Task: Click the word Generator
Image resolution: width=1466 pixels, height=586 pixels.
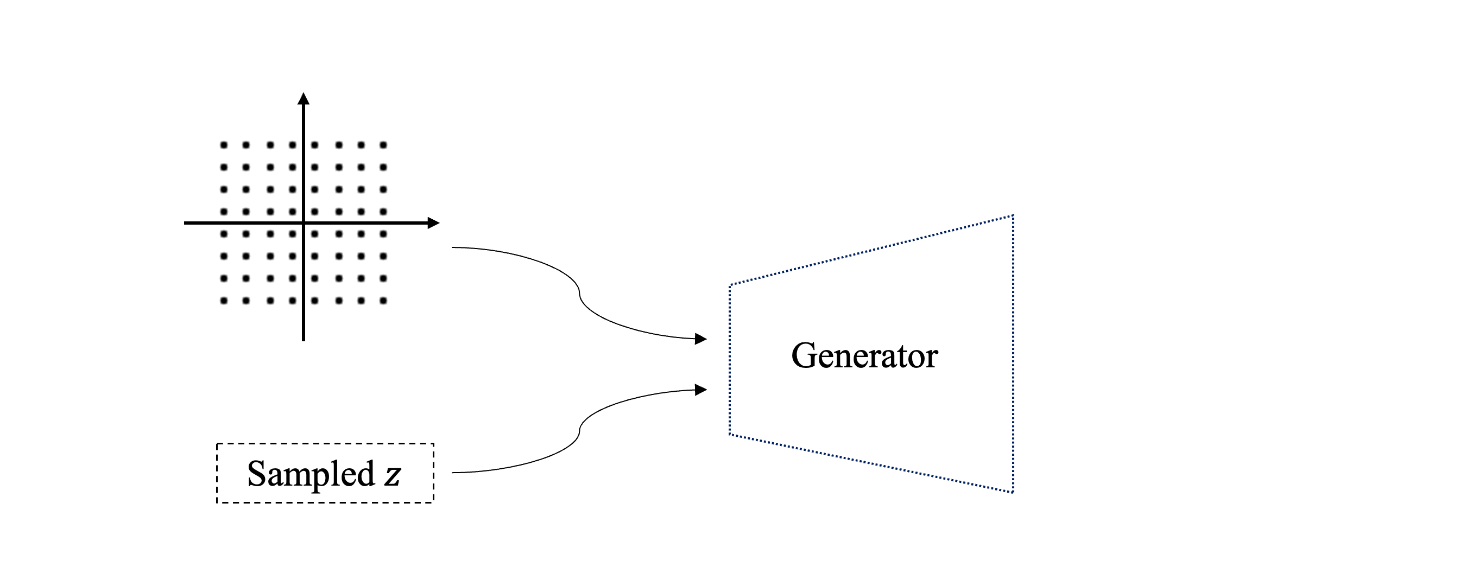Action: (x=864, y=356)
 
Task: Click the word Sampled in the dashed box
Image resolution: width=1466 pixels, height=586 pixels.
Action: (x=311, y=474)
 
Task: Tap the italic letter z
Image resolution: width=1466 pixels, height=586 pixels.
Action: (x=392, y=475)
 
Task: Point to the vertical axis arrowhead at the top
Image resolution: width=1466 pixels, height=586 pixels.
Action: (x=304, y=98)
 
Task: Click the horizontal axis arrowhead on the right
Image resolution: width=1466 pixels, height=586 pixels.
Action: (x=433, y=223)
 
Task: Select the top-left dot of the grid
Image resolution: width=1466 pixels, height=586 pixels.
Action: (x=224, y=145)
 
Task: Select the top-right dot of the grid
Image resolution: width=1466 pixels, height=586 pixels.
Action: (x=383, y=145)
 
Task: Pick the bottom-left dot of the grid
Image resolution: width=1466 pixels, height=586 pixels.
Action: (x=224, y=301)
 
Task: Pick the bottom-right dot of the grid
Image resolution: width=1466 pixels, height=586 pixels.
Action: (x=383, y=301)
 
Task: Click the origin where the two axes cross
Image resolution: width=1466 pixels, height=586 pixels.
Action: (x=304, y=223)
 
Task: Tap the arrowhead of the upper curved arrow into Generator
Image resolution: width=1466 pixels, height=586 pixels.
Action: (x=701, y=339)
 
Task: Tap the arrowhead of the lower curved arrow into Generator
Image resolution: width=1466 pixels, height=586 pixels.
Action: (x=701, y=390)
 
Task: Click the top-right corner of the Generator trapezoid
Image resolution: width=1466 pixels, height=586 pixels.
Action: (x=1013, y=215)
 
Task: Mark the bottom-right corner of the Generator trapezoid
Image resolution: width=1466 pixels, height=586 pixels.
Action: (x=1013, y=492)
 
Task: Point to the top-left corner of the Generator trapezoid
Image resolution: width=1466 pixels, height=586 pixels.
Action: (x=730, y=284)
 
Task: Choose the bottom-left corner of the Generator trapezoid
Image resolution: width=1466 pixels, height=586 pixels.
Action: (x=730, y=435)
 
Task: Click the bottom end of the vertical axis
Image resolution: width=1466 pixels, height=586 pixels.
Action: (x=304, y=340)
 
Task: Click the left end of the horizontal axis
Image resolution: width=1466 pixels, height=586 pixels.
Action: (x=185, y=223)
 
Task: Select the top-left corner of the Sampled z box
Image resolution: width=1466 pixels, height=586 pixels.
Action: (x=217, y=444)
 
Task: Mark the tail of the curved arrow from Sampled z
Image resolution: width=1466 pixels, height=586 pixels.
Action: (x=453, y=472)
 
